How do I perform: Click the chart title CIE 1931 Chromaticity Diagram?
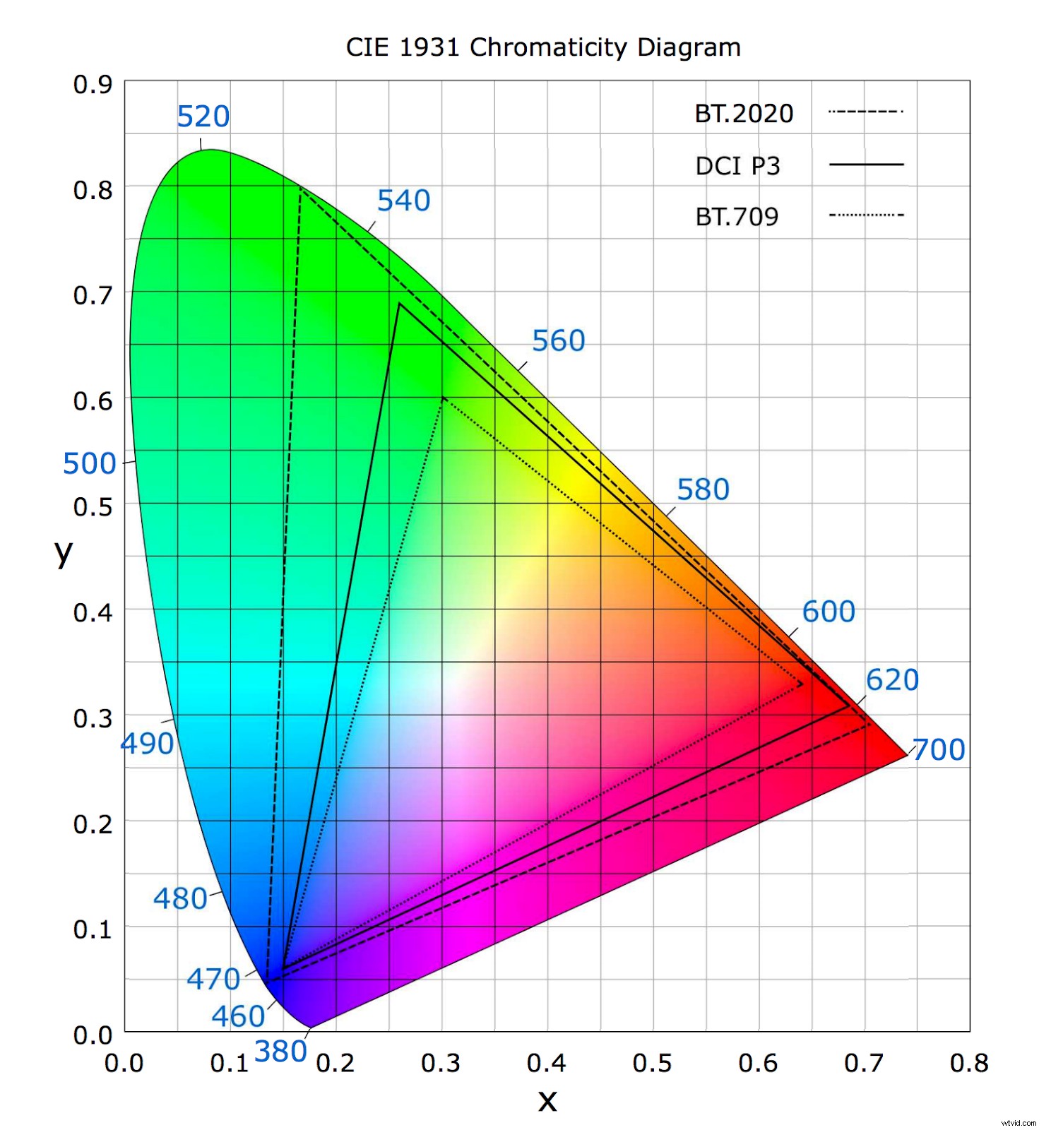(x=542, y=47)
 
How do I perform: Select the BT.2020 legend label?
(x=743, y=114)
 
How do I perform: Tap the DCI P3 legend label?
(x=737, y=166)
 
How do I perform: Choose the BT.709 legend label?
(x=736, y=217)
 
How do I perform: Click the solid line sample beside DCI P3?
(x=865, y=165)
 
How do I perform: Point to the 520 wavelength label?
(x=203, y=117)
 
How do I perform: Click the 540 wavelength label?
(x=403, y=201)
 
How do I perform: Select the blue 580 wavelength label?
(x=702, y=489)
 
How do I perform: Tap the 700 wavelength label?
(x=938, y=749)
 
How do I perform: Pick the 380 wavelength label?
(x=280, y=1052)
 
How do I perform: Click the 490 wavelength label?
(x=147, y=744)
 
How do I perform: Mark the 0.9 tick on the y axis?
(x=93, y=85)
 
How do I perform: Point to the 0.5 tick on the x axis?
(x=651, y=1063)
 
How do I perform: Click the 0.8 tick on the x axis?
(x=968, y=1063)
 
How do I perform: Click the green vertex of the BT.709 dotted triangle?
(x=443, y=398)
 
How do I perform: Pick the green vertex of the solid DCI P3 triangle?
(x=399, y=304)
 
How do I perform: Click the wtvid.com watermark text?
(x=1018, y=1122)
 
